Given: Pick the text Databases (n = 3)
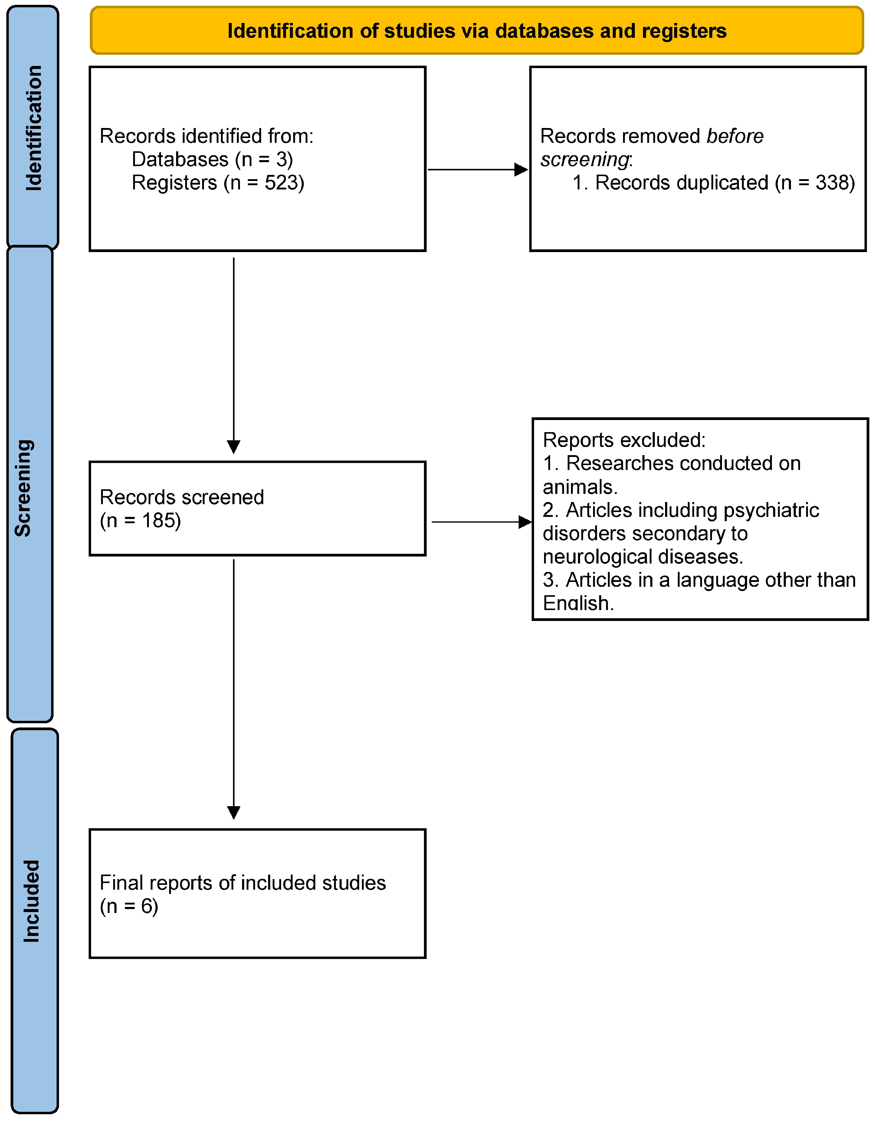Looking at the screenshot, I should tap(212, 159).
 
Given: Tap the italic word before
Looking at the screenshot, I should tap(735, 136).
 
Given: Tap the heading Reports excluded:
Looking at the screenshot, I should tap(624, 440).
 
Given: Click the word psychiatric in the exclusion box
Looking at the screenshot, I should tap(771, 510).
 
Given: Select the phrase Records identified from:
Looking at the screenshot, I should tap(206, 136).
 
